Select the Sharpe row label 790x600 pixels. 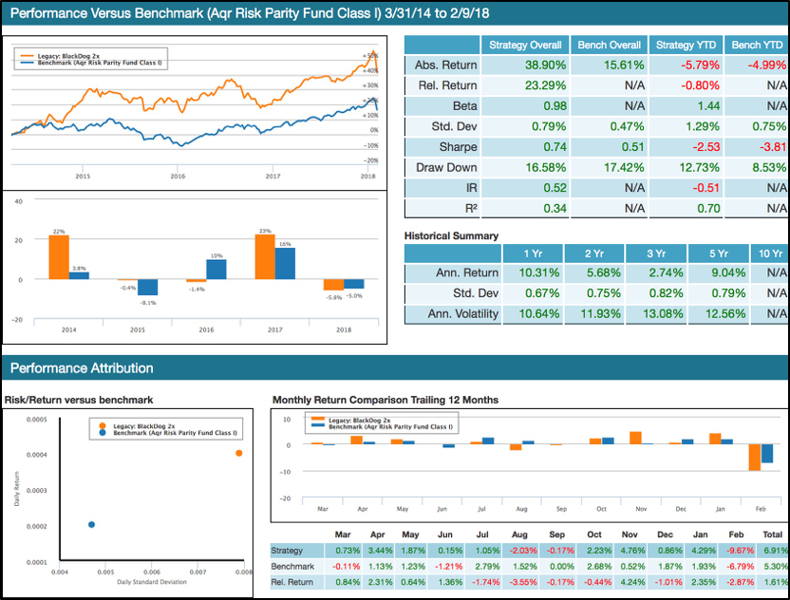(445, 147)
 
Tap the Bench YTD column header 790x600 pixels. (757, 45)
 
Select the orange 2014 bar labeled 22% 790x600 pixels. (58, 257)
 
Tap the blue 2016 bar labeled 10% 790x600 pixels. (216, 270)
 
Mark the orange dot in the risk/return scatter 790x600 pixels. (238, 453)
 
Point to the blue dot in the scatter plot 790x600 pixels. (91, 524)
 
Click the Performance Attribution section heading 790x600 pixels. (79, 367)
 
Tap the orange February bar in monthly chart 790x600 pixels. (754, 457)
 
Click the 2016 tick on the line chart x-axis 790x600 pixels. (178, 177)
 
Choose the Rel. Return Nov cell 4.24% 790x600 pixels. (630, 583)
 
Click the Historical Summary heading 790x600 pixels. (451, 235)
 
